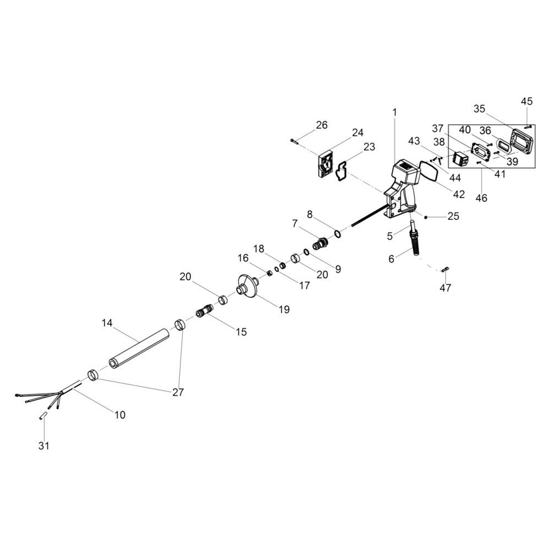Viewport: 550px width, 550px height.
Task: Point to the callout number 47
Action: pos(446,288)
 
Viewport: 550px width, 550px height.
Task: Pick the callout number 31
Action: pos(43,446)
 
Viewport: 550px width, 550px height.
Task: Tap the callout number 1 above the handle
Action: pos(394,112)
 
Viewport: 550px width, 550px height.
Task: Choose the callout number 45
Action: pos(526,101)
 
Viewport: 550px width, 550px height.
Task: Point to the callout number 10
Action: pos(120,415)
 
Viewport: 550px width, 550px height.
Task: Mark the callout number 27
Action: pos(178,392)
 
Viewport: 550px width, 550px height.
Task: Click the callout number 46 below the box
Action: pos(481,198)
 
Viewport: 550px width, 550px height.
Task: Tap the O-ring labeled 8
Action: pos(337,234)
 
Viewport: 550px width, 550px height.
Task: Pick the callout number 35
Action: pos(480,109)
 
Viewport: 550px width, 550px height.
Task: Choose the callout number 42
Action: pos(459,194)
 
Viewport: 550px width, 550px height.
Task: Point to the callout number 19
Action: pos(284,310)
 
